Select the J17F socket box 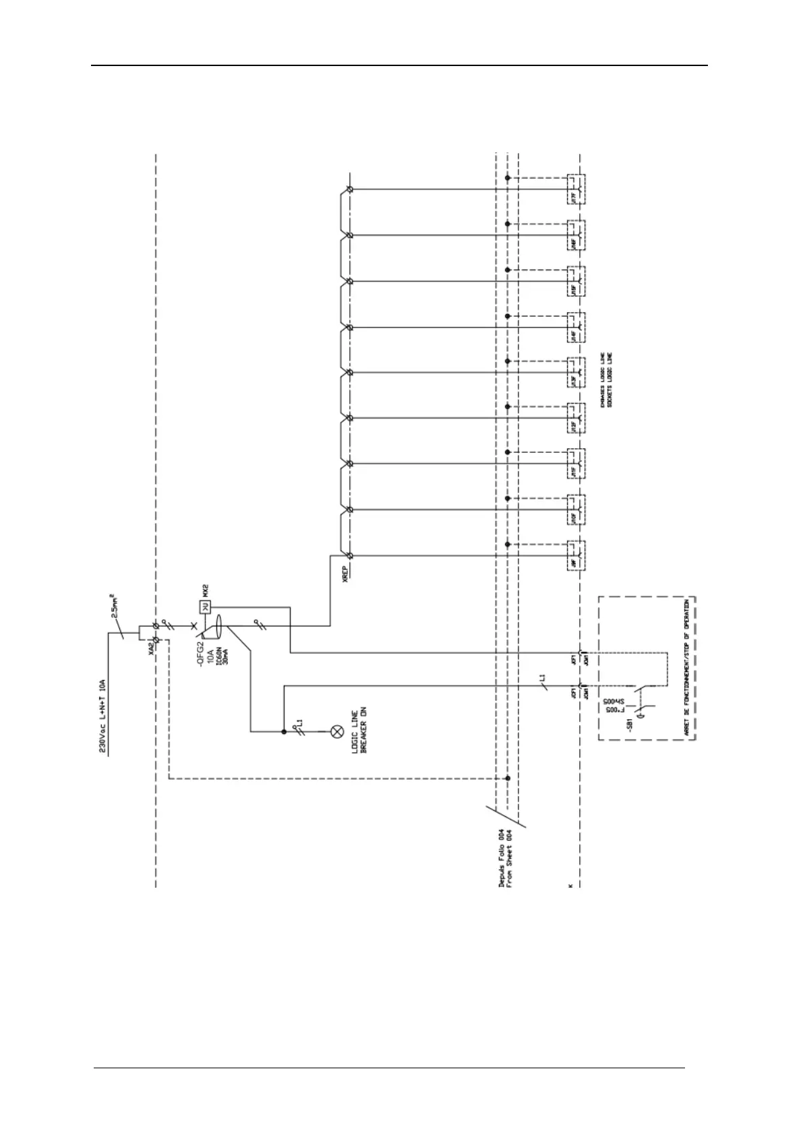(575, 189)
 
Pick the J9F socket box (575, 556)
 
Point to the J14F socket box (575, 328)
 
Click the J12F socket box (575, 419)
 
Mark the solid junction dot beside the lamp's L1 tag (284, 730)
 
